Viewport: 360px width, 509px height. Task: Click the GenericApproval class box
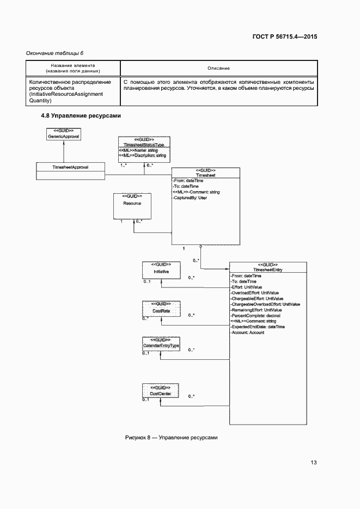[x=64, y=134]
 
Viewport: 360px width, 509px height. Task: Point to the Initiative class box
[x=161, y=271]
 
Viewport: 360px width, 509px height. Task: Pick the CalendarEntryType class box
[x=161, y=346]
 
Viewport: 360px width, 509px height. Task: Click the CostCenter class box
[x=161, y=392]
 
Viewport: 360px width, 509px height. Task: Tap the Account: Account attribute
[x=248, y=332]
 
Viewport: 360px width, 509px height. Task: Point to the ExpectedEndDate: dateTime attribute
[x=258, y=327]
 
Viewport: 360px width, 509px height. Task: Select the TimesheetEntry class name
[x=267, y=269]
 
